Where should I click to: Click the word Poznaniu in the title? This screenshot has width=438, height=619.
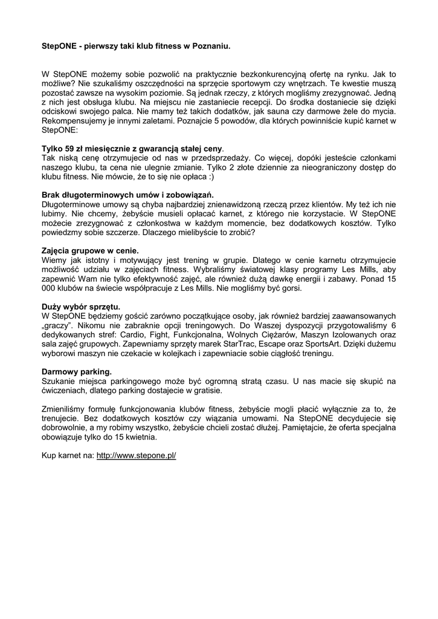click(211, 45)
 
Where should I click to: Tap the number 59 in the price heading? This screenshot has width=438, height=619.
click(71, 148)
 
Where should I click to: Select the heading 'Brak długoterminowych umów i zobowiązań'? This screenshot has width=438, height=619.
click(127, 195)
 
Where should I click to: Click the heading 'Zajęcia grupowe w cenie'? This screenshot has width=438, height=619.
click(89, 250)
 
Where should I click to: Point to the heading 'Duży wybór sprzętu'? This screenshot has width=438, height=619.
click(80, 306)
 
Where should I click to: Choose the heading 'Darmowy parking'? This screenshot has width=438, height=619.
click(76, 371)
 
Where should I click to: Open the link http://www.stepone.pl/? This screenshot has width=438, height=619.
click(136, 455)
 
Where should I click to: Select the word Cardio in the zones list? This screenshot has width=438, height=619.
click(144, 334)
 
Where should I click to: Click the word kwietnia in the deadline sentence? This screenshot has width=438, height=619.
click(140, 436)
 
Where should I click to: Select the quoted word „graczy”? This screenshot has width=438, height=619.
click(57, 325)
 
